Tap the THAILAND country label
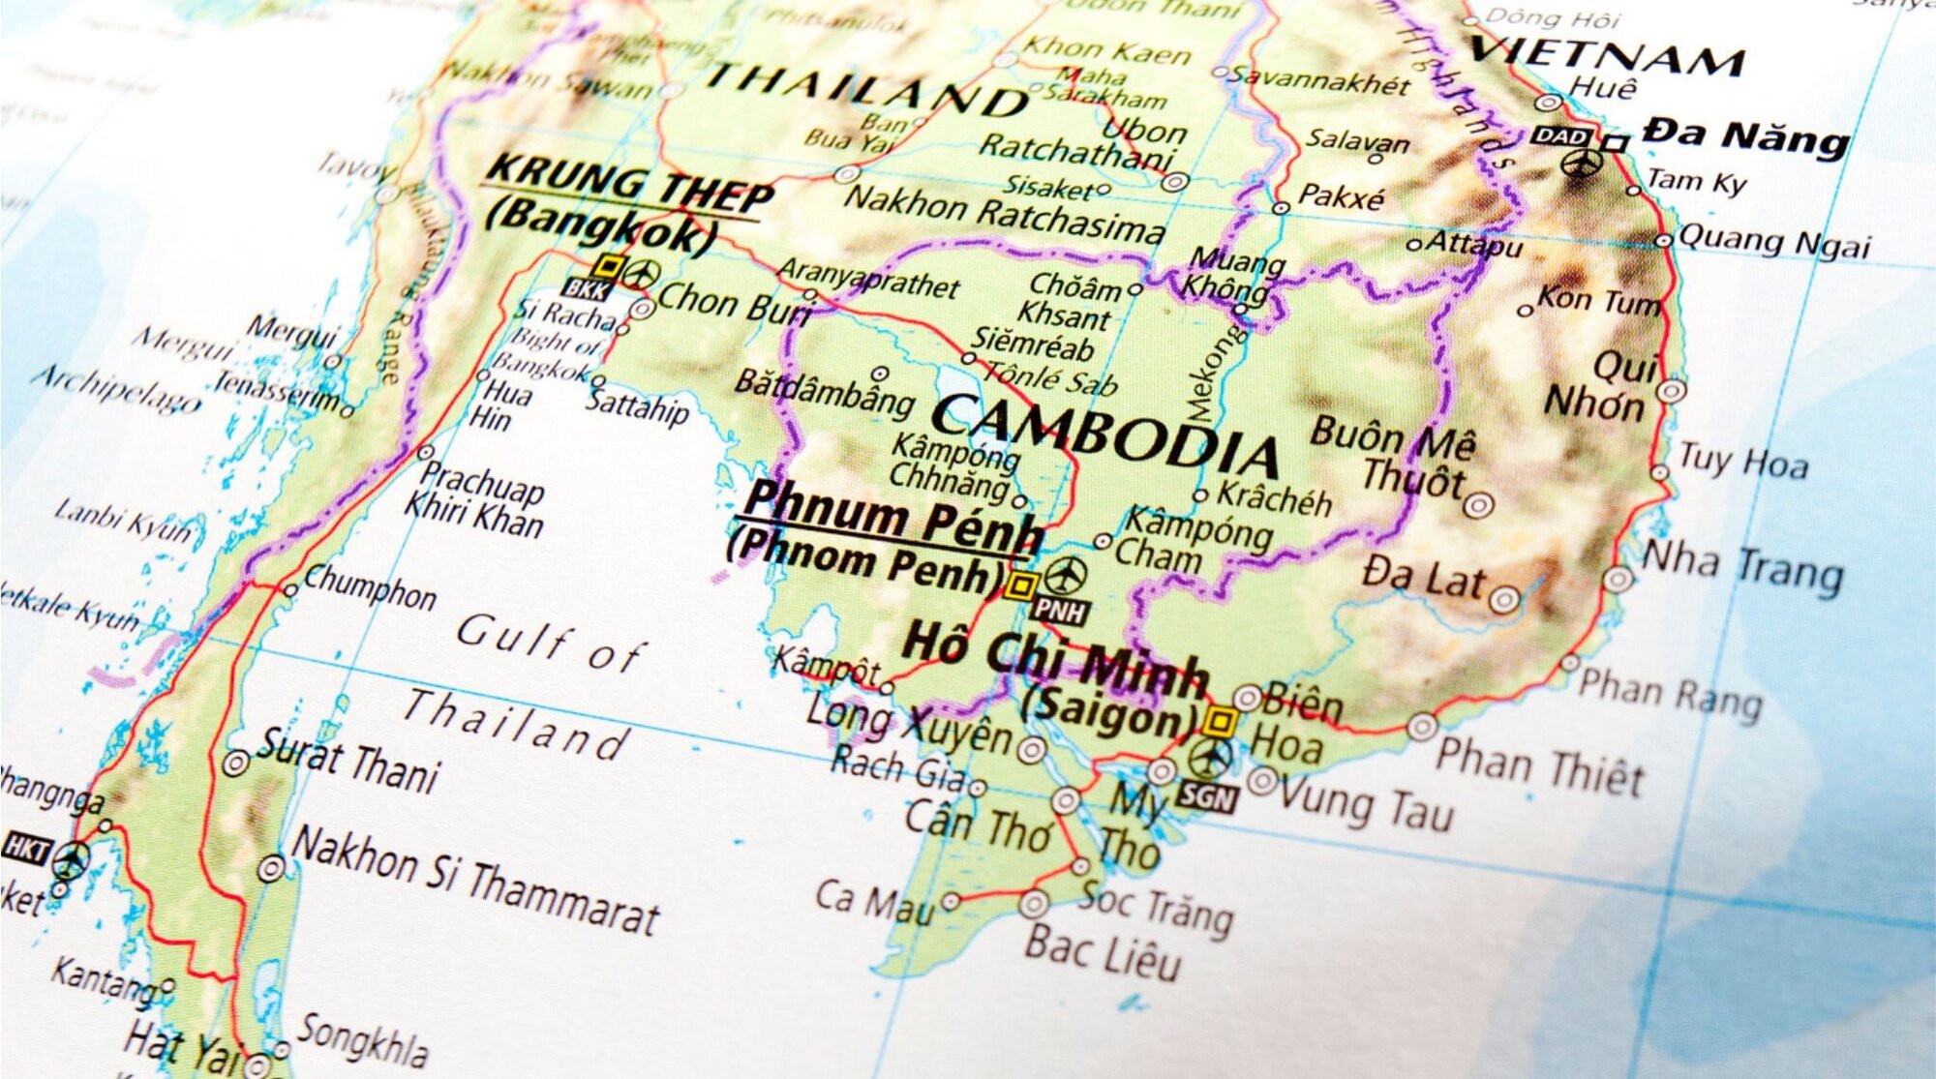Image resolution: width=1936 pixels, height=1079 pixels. pyautogui.click(x=866, y=87)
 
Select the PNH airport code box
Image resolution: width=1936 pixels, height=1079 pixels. pyautogui.click(x=1060, y=611)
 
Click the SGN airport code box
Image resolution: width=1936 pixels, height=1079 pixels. pyautogui.click(x=1207, y=797)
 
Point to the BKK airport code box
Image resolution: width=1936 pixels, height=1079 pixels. pyautogui.click(x=587, y=288)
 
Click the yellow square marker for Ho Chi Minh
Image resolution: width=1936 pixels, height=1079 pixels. pyautogui.click(x=1220, y=721)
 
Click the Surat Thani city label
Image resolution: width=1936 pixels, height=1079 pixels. pyautogui.click(x=348, y=762)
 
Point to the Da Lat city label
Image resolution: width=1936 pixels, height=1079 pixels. pyautogui.click(x=1423, y=578)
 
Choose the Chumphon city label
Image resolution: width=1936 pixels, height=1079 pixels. pyautogui.click(x=370, y=587)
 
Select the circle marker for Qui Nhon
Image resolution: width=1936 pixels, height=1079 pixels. pyautogui.click(x=1672, y=391)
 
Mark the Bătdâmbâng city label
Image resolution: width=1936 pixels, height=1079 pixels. pyautogui.click(x=823, y=392)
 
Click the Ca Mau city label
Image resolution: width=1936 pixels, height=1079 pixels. pyautogui.click(x=873, y=902)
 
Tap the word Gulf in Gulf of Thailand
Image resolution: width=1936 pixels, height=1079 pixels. pyautogui.click(x=513, y=639)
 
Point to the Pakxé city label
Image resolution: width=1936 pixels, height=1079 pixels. pyautogui.click(x=1341, y=197)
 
